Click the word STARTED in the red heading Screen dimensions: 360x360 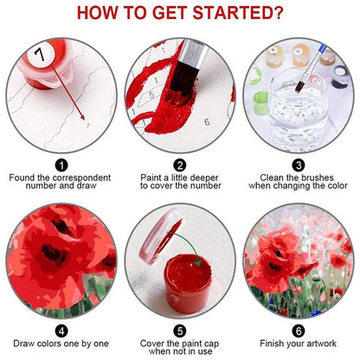coord(238,13)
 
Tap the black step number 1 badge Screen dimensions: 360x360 coord(61,165)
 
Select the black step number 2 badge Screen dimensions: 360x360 coord(180,165)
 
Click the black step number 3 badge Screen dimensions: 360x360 coord(299,165)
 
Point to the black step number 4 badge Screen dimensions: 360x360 coord(61,331)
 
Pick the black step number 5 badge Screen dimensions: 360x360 coord(180,331)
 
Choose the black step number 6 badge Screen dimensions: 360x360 coord(299,331)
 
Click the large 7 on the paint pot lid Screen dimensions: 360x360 coord(40,54)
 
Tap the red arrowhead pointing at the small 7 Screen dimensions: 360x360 coord(82,117)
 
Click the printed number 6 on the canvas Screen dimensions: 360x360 coord(207,122)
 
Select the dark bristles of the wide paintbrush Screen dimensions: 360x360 coord(183,78)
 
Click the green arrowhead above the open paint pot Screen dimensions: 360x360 coord(197,262)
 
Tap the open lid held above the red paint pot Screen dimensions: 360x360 coord(161,235)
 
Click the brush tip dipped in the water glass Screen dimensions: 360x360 coord(299,87)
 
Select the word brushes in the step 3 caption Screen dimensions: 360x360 coord(318,177)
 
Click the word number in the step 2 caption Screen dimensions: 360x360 coord(206,185)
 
